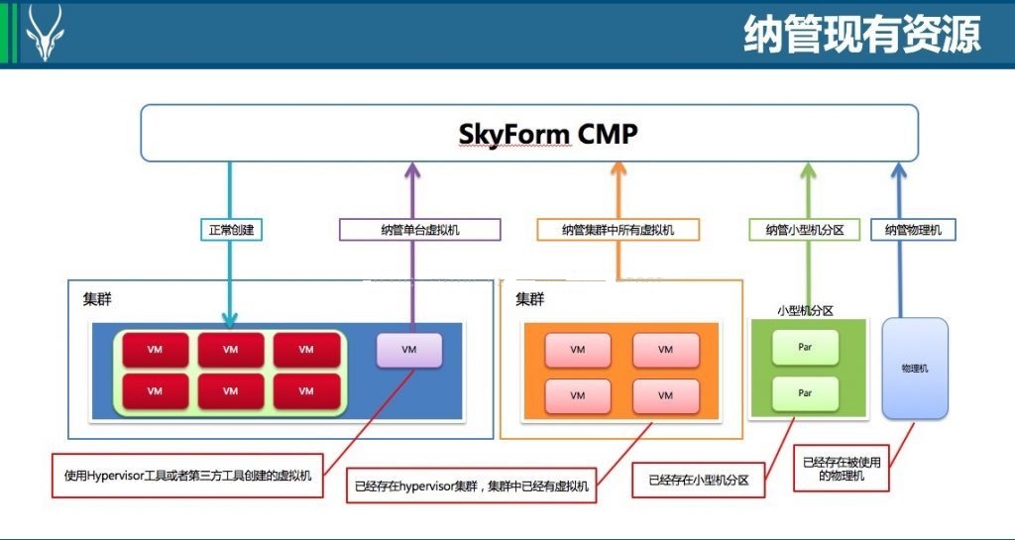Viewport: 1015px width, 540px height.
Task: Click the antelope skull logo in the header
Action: coord(45,33)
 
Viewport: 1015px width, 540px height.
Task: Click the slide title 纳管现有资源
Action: coord(862,34)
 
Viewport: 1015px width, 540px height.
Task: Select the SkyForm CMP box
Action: coord(529,133)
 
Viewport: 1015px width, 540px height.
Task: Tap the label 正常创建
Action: coord(231,230)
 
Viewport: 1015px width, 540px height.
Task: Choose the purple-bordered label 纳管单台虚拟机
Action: coord(420,230)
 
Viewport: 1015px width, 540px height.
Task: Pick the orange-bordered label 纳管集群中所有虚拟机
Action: coord(619,230)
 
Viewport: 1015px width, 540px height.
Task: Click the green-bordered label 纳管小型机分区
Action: coord(805,230)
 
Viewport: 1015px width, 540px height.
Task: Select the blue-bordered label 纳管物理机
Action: coord(913,230)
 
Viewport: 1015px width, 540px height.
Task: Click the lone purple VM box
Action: coord(409,350)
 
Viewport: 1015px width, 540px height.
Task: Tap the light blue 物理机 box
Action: coord(915,368)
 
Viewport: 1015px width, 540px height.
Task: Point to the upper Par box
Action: coord(805,347)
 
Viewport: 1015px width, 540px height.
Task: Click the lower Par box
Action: coord(805,393)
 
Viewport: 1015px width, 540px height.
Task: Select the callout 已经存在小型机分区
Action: coord(699,480)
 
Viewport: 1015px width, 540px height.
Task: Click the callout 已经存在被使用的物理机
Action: coord(842,469)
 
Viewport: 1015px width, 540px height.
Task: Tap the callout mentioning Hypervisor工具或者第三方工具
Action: coord(187,476)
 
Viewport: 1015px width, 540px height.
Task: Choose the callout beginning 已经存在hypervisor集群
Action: coord(471,486)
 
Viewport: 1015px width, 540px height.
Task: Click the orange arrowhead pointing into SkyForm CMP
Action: coord(619,170)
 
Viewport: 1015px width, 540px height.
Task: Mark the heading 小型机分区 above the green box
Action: coord(805,310)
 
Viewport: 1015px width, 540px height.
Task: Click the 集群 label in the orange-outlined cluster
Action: coord(530,299)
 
